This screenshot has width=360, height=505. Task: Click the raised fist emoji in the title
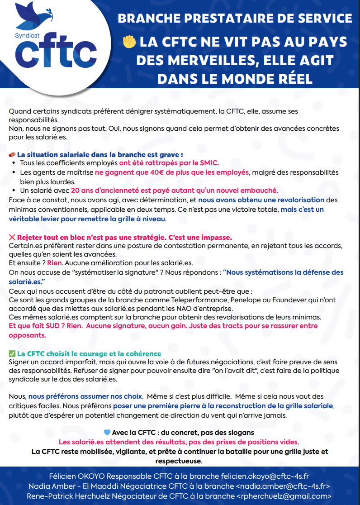pos(129,42)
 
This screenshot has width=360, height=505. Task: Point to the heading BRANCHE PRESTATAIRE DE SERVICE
pos(235,19)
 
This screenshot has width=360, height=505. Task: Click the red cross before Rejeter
pos(12,237)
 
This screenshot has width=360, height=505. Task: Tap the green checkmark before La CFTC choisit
pos(12,353)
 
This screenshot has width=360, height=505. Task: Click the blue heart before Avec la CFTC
pos(107,432)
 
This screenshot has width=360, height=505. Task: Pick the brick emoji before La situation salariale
pos(12,154)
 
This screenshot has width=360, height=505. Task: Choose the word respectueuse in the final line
pos(178,461)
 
